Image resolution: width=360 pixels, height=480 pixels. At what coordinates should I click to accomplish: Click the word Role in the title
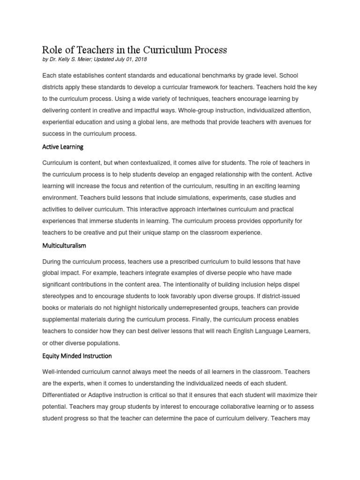(x=52, y=50)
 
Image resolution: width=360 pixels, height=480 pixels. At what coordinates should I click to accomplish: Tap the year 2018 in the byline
(x=141, y=60)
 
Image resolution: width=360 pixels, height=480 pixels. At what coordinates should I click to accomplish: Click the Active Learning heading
(x=63, y=147)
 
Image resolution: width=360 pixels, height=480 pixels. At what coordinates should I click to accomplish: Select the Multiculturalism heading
(x=64, y=246)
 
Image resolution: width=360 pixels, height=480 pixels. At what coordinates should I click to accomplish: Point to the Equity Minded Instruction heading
(x=77, y=356)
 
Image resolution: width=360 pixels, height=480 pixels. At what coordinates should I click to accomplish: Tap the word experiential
(x=60, y=122)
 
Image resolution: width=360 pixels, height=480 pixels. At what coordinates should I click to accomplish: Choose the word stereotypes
(x=61, y=296)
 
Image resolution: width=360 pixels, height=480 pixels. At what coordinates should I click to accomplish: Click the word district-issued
(x=287, y=296)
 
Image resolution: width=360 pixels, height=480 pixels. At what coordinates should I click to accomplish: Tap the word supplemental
(x=64, y=320)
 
